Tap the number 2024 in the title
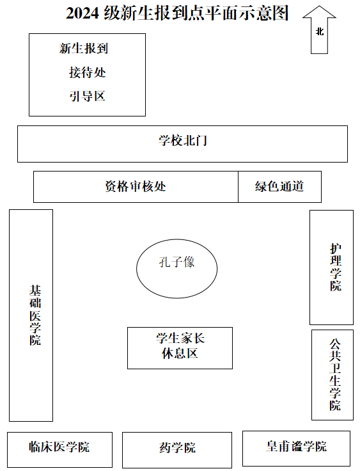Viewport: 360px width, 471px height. [x=82, y=13]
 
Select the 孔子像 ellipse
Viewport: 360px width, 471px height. [x=136, y=269]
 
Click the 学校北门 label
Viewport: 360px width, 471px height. [x=183, y=141]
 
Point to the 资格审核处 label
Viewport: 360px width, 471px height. [x=136, y=186]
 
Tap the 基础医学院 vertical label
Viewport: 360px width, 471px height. [x=35, y=315]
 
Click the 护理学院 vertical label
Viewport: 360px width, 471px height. [x=336, y=267]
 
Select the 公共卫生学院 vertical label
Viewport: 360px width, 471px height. [x=335, y=374]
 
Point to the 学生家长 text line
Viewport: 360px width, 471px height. [x=180, y=339]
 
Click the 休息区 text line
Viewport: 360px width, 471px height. [x=180, y=353]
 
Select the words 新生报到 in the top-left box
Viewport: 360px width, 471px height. [x=84, y=49]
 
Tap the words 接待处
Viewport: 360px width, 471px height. [x=88, y=72]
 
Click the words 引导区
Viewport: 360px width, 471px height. [x=88, y=97]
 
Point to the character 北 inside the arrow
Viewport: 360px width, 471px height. [x=320, y=31]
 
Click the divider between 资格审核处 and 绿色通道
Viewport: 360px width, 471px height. [x=238, y=187]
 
